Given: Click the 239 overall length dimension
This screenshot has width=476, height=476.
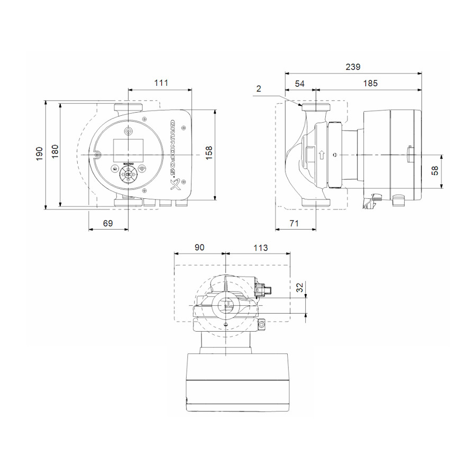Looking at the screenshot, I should (x=353, y=67).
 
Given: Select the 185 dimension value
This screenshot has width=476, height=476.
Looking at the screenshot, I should (x=370, y=84).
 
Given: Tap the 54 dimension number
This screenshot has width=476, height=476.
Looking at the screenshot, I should (x=299, y=84).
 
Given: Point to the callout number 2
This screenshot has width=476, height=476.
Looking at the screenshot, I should (x=259, y=89).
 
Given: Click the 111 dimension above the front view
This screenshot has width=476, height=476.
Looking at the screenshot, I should (x=161, y=83).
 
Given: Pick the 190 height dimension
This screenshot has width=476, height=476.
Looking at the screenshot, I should (x=40, y=154).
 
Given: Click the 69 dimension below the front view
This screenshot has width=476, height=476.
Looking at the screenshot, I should (x=107, y=223).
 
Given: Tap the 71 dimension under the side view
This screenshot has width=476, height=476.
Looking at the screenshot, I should (x=294, y=223).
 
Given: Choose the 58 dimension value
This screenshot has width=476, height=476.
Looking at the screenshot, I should (x=435, y=171).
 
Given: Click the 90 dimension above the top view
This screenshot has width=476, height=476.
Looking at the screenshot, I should (x=199, y=248).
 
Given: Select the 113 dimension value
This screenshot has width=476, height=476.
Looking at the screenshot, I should (x=261, y=248).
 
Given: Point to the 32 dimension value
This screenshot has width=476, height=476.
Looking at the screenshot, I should (x=300, y=288).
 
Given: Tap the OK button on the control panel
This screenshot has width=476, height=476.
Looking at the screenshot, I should (x=128, y=174).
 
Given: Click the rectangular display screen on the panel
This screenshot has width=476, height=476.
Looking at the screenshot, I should (x=128, y=150).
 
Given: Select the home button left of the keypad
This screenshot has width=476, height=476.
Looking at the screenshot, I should (x=115, y=170).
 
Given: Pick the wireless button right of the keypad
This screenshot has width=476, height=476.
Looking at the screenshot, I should (x=142, y=170).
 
